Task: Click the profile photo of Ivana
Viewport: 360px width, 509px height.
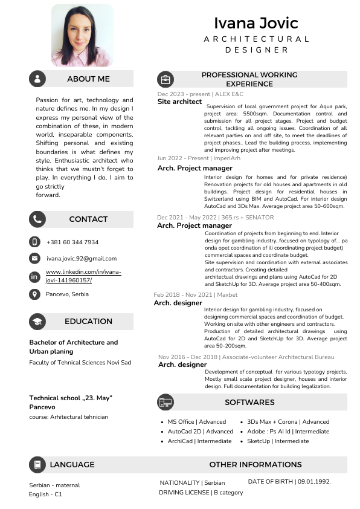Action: [82, 35]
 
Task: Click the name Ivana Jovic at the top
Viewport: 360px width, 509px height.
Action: [256, 23]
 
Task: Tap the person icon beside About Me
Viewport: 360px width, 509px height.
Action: [37, 79]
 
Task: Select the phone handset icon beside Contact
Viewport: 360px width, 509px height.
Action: [37, 219]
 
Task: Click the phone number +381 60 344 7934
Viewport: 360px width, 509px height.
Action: [72, 242]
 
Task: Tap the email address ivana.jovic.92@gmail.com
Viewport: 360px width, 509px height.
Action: [77, 258]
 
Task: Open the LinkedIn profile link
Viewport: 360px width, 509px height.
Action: [83, 276]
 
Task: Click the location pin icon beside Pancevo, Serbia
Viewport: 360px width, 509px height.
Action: [34, 294]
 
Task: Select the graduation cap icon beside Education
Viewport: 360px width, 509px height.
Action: [37, 321]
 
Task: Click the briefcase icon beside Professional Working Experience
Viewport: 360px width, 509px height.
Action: [165, 79]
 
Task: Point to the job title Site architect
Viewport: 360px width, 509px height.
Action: [179, 102]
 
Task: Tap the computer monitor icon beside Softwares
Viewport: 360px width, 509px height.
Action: [165, 402]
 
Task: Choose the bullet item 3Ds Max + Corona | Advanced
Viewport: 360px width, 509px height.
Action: [288, 422]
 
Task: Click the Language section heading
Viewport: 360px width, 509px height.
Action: [72, 464]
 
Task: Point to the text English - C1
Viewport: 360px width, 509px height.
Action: [45, 494]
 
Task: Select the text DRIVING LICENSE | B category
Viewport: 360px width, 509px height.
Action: [201, 492]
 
